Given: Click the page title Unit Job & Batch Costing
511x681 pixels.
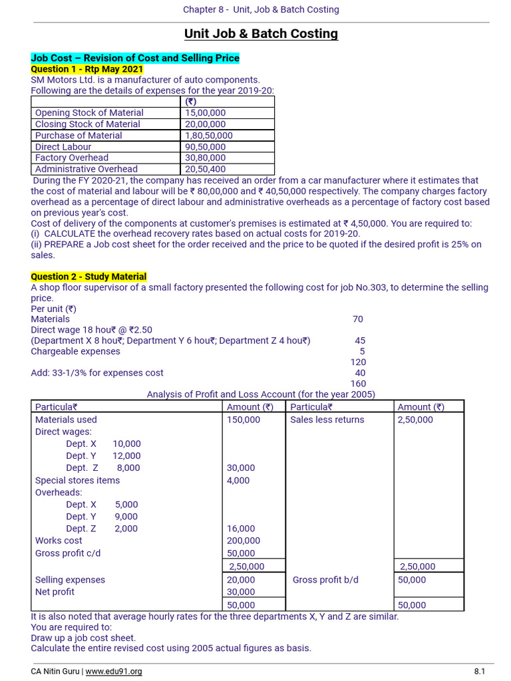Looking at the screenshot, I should click(x=261, y=34).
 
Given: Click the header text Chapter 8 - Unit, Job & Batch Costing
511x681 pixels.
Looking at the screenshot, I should click(x=261, y=9).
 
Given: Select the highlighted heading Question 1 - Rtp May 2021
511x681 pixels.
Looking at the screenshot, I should click(x=86, y=69).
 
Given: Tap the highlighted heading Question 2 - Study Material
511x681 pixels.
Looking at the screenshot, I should click(x=88, y=277).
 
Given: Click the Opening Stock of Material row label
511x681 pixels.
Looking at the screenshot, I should click(x=89, y=113).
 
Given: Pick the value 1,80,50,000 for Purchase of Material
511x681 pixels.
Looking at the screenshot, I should click(x=209, y=136).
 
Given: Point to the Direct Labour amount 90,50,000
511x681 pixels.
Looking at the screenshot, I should click(x=205, y=147).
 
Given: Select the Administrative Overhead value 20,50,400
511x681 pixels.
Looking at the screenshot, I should click(x=205, y=170).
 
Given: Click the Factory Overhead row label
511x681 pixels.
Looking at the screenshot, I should click(x=72, y=158).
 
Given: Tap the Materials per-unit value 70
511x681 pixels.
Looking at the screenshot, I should click(x=358, y=319).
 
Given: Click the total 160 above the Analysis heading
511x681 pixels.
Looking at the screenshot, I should click(x=358, y=384).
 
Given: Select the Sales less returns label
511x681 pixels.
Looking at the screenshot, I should click(x=327, y=420).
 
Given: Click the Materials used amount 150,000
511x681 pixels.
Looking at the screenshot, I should click(x=244, y=420).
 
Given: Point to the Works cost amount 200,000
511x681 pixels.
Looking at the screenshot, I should click(x=244, y=541).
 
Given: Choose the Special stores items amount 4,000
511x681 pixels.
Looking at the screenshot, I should click(x=238, y=480).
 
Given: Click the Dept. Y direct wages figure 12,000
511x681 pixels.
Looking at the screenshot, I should click(x=126, y=456).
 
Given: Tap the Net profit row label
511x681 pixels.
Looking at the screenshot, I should click(x=55, y=592).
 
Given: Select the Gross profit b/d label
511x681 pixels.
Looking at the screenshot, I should click(x=325, y=580).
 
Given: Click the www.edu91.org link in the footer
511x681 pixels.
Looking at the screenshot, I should click(x=114, y=672).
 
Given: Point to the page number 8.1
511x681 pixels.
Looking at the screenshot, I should click(x=479, y=672).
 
